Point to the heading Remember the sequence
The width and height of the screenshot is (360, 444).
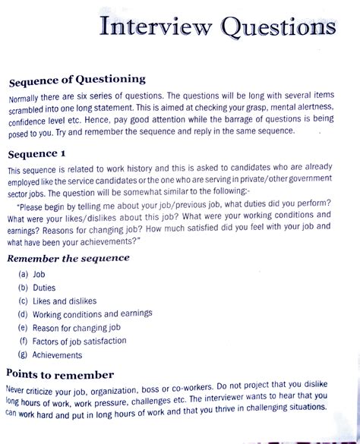68,257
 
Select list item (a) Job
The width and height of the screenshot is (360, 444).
38,274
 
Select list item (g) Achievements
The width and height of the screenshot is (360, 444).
60,354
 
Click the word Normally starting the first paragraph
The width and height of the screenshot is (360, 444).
27,99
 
